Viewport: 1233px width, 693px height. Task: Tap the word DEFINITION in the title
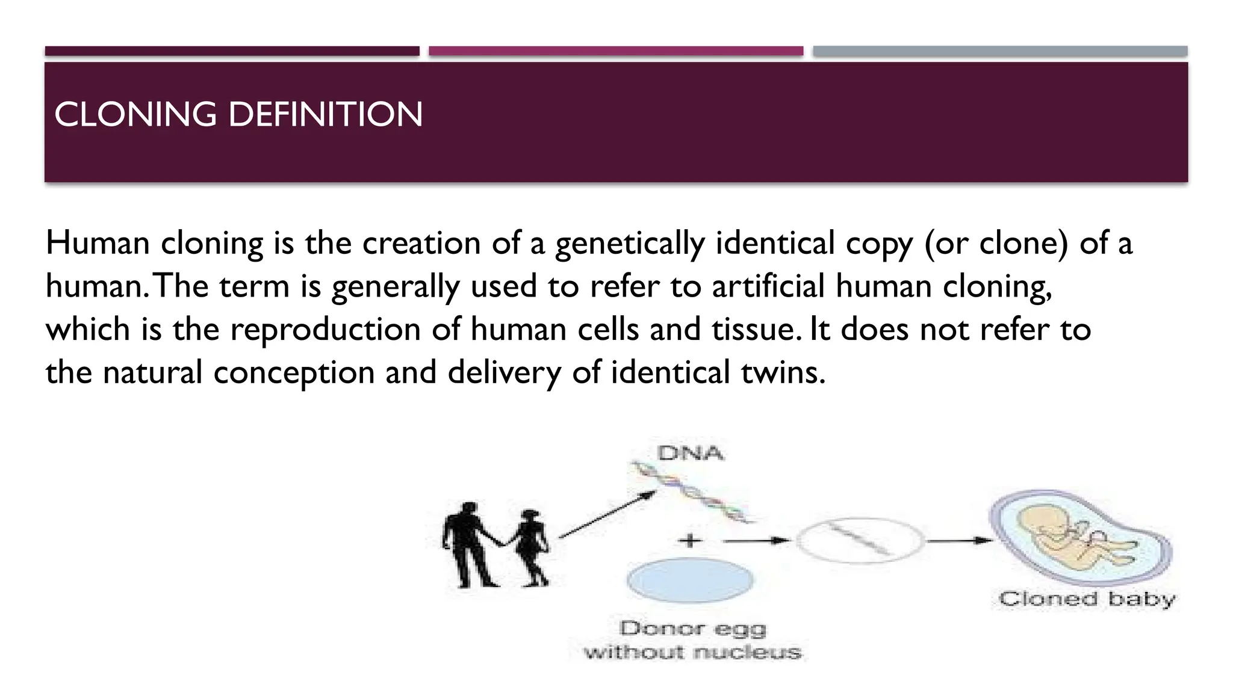[x=326, y=114]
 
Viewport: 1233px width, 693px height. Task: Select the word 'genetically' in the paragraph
[x=629, y=244]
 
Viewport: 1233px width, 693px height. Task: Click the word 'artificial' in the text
[x=768, y=286]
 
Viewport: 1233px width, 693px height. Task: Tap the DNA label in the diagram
[x=691, y=453]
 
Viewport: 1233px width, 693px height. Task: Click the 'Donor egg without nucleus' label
[x=692, y=640]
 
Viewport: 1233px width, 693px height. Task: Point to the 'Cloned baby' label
[x=1087, y=599]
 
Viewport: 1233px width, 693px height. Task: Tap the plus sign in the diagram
[x=691, y=540]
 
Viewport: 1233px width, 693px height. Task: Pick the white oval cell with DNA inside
[x=860, y=540]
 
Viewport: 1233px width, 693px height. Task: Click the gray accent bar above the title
[x=1000, y=51]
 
